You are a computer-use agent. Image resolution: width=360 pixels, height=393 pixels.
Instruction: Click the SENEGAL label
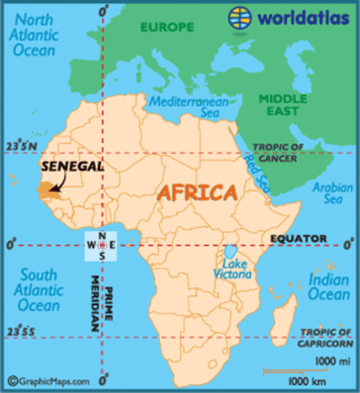coord(73,165)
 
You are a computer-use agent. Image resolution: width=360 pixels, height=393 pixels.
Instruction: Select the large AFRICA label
coord(198,194)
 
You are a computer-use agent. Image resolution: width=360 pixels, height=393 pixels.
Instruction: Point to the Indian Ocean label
coord(328,287)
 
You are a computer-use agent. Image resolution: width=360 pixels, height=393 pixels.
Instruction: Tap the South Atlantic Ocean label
coord(39,290)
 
